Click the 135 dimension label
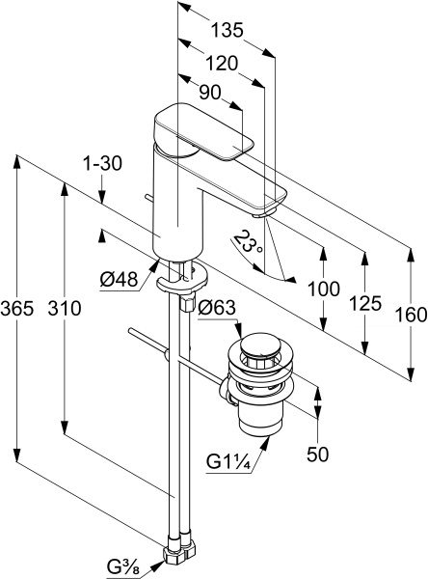[227, 30]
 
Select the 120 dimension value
[222, 63]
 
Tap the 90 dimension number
[210, 93]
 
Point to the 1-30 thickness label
[103, 163]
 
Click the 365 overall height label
[17, 309]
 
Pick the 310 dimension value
[65, 309]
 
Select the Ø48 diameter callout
[119, 280]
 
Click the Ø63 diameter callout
[217, 308]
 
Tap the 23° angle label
[248, 242]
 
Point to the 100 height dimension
[324, 289]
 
